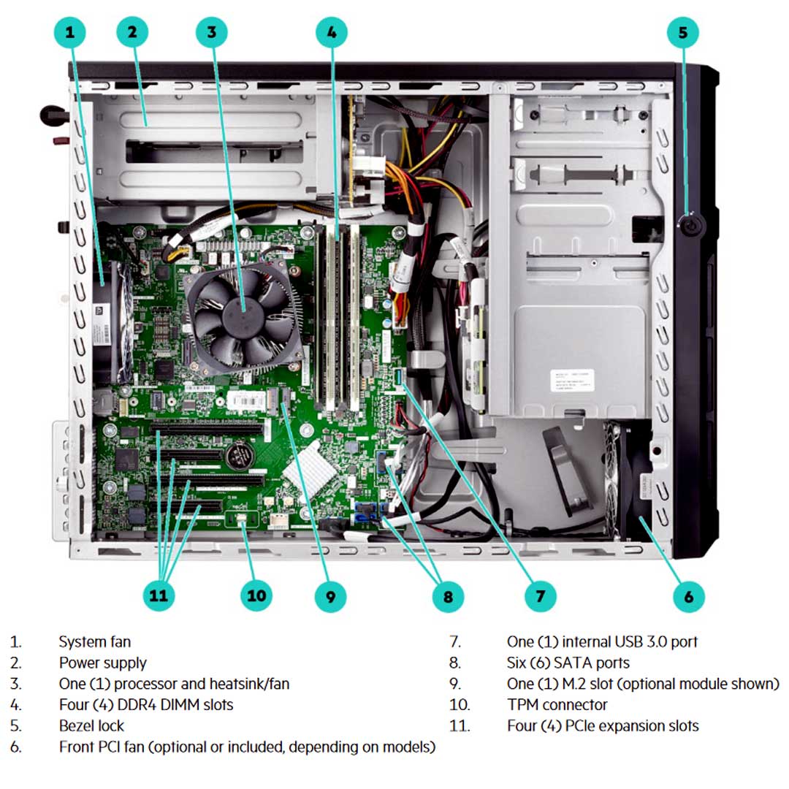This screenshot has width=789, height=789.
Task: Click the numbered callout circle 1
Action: tap(70, 31)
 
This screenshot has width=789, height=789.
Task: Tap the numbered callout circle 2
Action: tap(132, 31)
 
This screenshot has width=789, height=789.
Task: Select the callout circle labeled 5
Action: tap(682, 31)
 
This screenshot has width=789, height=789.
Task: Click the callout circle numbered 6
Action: tap(688, 595)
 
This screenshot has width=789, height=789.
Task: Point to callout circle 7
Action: tap(541, 595)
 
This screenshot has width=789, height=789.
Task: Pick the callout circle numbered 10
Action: tap(256, 595)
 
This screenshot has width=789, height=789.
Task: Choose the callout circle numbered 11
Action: tap(159, 595)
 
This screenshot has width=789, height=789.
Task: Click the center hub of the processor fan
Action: tap(243, 313)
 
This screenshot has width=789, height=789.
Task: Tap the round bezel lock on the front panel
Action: tap(690, 224)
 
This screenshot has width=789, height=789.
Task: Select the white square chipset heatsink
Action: tap(310, 465)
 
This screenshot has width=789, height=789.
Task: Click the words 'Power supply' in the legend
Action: tap(102, 663)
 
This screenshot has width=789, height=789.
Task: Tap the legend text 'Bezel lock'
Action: tap(91, 725)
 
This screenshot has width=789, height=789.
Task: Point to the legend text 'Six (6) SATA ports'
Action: tap(568, 663)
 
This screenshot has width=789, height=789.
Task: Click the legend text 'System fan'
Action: tap(95, 642)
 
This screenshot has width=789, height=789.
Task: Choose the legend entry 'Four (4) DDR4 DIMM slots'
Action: tap(146, 705)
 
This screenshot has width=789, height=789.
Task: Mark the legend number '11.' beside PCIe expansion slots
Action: tap(460, 725)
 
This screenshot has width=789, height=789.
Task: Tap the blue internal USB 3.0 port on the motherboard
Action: tap(398, 378)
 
